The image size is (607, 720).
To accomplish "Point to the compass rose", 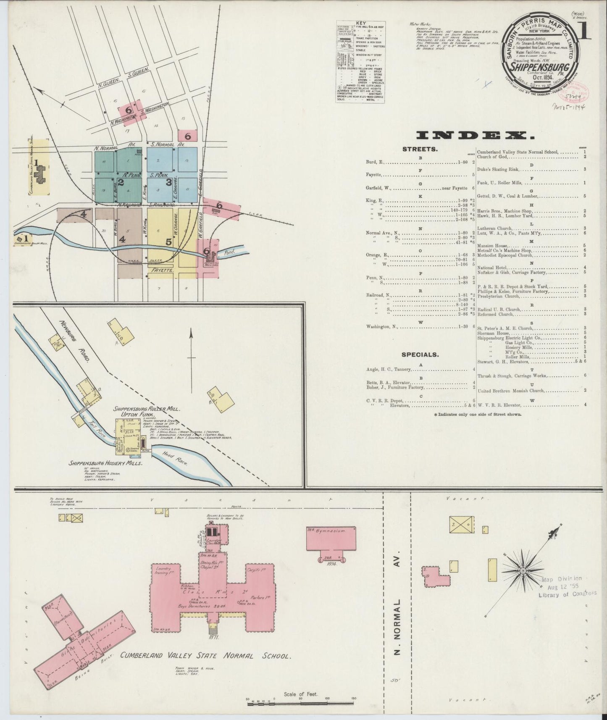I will [523, 571].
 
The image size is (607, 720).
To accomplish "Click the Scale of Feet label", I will [301, 694].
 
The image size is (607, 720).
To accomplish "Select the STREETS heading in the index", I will [420, 149].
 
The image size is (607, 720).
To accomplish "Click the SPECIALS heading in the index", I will [420, 355].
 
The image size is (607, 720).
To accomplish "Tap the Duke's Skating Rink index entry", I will [498, 170].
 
